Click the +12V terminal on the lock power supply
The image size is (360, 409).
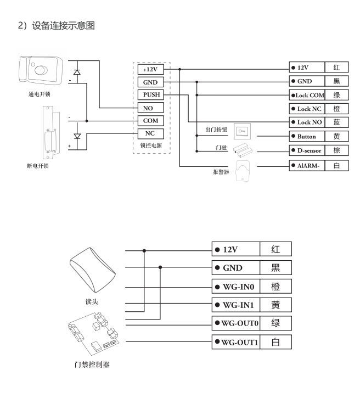(x=151, y=69)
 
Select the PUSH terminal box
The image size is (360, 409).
(x=151, y=94)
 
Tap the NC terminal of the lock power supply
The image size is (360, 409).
(x=151, y=133)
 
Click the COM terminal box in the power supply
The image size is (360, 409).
(x=151, y=120)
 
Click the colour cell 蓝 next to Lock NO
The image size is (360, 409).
(x=336, y=121)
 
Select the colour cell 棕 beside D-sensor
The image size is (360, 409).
(x=336, y=149)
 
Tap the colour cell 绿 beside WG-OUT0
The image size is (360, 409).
(x=276, y=323)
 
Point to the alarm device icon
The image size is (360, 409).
(x=242, y=171)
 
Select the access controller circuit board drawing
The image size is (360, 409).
(x=91, y=334)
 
